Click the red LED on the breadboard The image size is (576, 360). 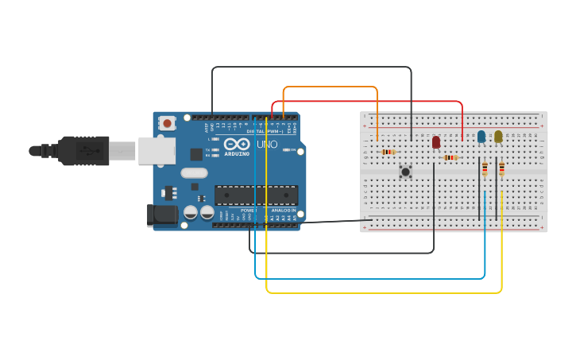pos(435,141)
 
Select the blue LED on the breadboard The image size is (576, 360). pos(481,137)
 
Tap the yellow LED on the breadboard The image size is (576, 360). pos(498,137)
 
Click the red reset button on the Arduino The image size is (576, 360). pos(167,123)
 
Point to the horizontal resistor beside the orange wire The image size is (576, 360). pos(388,152)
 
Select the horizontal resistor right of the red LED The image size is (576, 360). pos(450,157)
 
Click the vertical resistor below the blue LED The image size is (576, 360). pos(485,168)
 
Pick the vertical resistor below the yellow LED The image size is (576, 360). pos(501,168)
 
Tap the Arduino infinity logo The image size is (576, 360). pos(237,145)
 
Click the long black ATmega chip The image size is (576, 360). pos(256,195)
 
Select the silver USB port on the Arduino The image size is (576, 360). pos(157,150)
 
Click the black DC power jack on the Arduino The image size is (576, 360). pos(162,215)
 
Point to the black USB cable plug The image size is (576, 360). pos(83,150)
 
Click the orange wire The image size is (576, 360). pos(330,87)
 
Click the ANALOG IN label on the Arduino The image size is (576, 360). pos(282,211)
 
